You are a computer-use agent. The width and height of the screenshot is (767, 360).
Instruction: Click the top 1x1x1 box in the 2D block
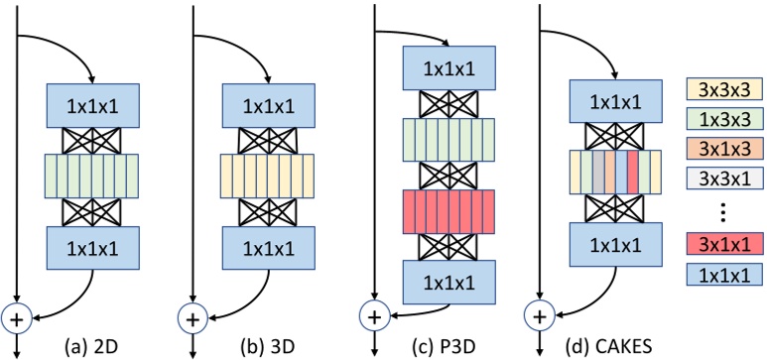tap(90, 103)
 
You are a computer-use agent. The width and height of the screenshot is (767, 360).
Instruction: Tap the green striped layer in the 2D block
tap(90, 175)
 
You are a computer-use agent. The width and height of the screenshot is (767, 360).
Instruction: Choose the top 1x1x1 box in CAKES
tap(614, 100)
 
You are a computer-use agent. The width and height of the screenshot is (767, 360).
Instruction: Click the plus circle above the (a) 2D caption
tap(17, 318)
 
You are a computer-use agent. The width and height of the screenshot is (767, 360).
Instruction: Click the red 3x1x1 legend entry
tap(723, 269)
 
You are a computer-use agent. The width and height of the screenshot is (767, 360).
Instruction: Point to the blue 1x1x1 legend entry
tap(723, 300)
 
